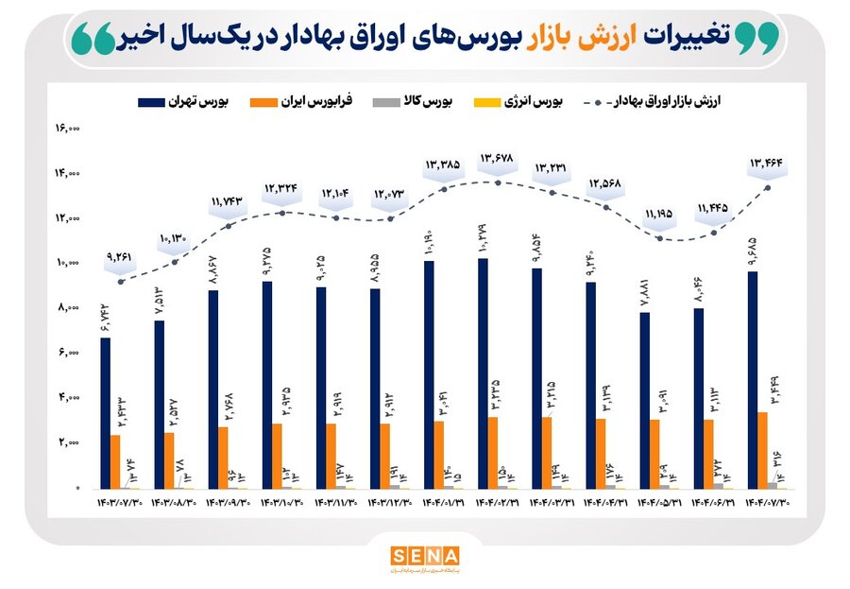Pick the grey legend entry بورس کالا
point(420,101)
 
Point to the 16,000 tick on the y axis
point(70,128)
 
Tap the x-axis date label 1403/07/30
point(120,503)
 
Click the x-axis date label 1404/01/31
point(441,503)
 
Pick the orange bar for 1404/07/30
point(762,449)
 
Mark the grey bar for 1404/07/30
point(773,484)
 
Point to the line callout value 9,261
point(120,255)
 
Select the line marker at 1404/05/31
point(660,238)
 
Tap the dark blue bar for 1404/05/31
point(643,400)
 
